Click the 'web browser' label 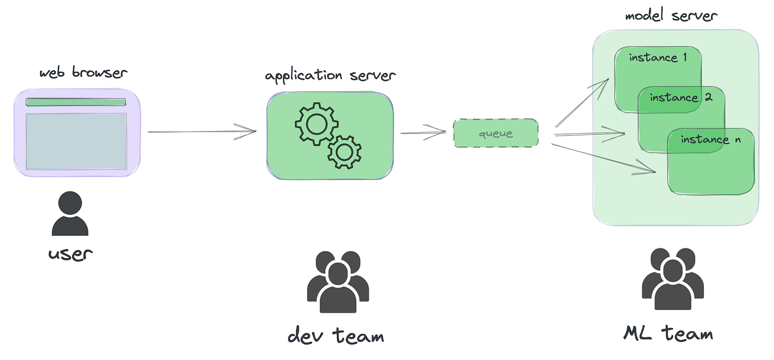pos(83,73)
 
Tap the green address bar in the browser pos(76,103)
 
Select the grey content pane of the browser pos(76,141)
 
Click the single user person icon pos(70,214)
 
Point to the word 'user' pos(70,253)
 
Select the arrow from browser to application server pos(202,132)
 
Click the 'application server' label pos(330,75)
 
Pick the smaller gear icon pos(344,152)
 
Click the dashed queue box pos(495,134)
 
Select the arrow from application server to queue pos(422,133)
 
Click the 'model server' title pos(670,15)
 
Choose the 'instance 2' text pos(681,97)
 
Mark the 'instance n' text pos(710,140)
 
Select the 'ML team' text pos(668,333)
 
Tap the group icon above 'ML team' pos(673,279)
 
